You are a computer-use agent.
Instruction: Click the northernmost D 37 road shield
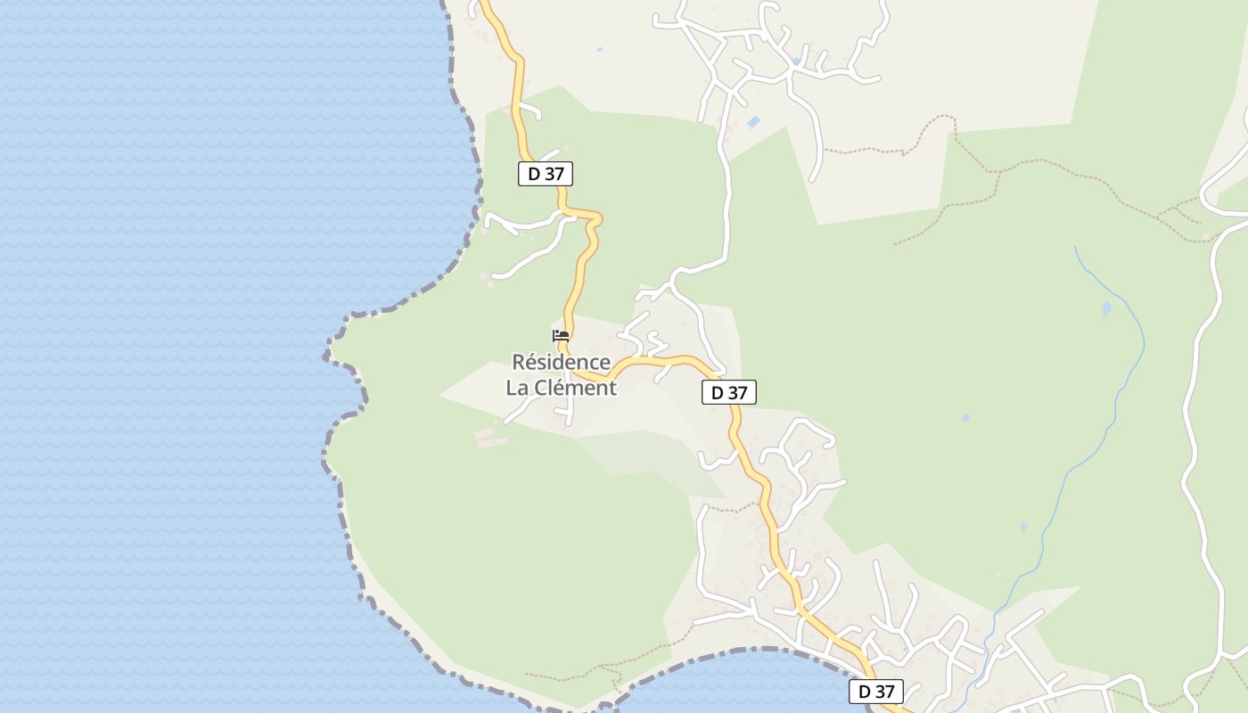(546, 174)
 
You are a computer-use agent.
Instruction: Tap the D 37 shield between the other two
(729, 392)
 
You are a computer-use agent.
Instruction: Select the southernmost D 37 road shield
(876, 692)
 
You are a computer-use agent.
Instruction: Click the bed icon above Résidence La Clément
(561, 336)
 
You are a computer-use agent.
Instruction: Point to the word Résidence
(561, 363)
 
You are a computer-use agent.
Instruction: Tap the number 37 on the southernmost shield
(884, 692)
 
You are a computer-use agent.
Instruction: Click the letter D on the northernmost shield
(534, 174)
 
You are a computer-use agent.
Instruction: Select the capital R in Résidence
(519, 363)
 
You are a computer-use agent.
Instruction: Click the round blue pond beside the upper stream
(1106, 309)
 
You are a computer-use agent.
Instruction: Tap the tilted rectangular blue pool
(754, 121)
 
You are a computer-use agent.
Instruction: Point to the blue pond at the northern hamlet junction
(796, 61)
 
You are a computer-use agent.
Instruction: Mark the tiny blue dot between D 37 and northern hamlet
(599, 49)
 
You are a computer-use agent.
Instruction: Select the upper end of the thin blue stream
(1076, 249)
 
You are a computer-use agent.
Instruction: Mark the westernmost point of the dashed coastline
(324, 356)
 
